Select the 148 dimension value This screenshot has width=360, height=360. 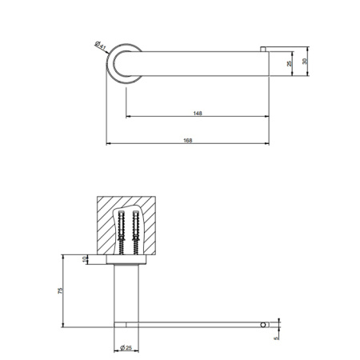[197, 114]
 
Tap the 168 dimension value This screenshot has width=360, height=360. [188, 140]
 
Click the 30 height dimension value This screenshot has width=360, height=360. [305, 61]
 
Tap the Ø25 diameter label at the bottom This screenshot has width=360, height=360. [126, 347]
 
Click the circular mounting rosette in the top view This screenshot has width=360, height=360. [125, 62]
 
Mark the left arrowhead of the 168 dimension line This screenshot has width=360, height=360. [110, 144]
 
